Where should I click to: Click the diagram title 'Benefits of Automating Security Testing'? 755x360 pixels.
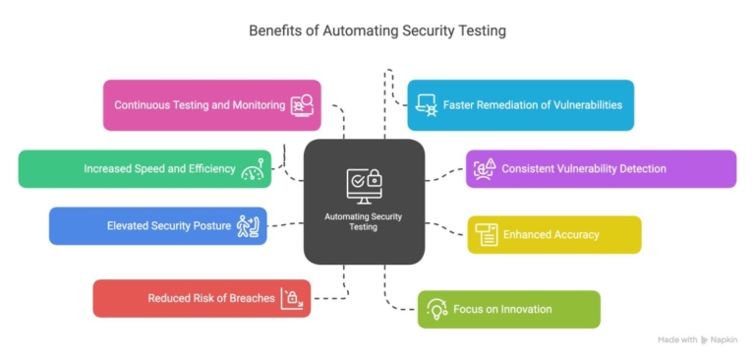(377, 30)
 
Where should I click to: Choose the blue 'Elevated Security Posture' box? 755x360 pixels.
(157, 226)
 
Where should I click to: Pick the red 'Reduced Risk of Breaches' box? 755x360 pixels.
(201, 298)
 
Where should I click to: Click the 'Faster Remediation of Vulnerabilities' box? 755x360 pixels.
(520, 105)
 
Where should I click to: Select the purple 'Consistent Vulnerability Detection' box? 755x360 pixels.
(600, 169)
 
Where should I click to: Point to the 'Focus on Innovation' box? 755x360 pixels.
(508, 309)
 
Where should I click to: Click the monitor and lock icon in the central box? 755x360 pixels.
(364, 184)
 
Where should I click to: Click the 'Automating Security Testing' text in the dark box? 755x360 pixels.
(364, 221)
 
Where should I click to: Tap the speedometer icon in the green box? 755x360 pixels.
(254, 169)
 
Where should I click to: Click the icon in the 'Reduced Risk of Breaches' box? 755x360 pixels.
(292, 298)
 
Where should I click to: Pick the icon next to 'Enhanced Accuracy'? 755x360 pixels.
(487, 234)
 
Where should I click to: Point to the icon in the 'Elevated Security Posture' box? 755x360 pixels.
(248, 226)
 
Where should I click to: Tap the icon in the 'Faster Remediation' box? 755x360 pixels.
(426, 105)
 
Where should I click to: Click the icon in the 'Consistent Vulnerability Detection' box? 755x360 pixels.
(485, 169)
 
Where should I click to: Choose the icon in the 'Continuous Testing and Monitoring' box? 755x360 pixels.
(302, 105)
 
